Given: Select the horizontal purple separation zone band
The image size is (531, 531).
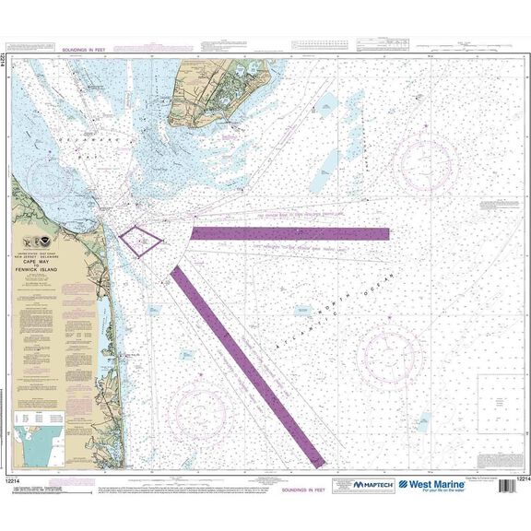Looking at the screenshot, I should click(289, 233).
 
